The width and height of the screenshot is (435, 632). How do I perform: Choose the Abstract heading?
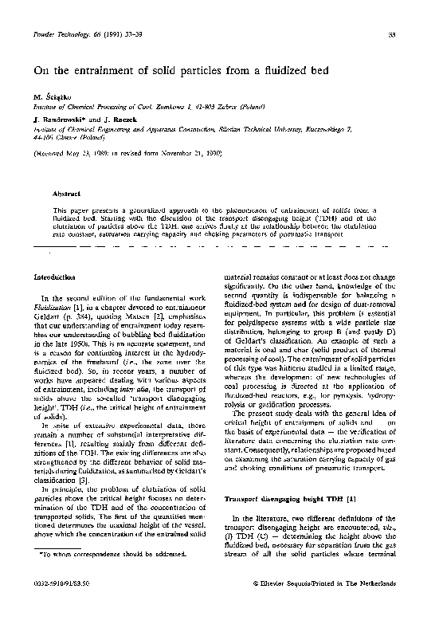(x=66, y=194)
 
